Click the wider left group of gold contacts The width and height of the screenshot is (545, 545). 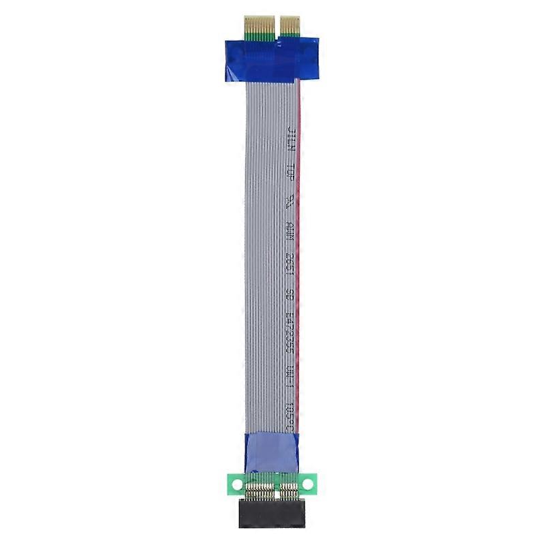(x=257, y=25)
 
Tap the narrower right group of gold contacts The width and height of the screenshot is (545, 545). (x=290, y=25)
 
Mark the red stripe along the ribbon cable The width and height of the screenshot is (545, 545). (x=300, y=238)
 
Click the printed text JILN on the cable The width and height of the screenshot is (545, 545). (x=291, y=136)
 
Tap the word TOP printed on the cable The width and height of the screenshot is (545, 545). (x=291, y=172)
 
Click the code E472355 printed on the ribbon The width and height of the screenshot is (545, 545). (x=291, y=328)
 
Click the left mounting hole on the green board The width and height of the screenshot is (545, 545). (x=236, y=484)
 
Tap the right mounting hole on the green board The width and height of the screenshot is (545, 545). (x=308, y=484)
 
